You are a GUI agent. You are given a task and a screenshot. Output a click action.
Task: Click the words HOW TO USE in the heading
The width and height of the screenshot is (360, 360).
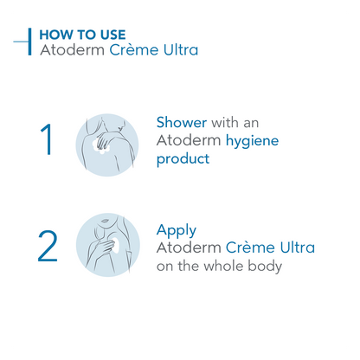(x=82, y=35)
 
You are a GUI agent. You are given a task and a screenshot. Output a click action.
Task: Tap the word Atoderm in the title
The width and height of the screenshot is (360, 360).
(x=72, y=50)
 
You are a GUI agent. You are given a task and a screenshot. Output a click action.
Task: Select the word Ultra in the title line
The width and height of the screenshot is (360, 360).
(x=181, y=50)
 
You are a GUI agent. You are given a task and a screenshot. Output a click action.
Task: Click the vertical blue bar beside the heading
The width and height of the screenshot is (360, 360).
(x=29, y=42)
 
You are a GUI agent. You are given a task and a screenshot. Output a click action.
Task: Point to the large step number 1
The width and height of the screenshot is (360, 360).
(x=46, y=139)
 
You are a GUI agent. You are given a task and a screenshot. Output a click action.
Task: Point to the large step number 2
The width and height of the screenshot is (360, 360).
(x=48, y=246)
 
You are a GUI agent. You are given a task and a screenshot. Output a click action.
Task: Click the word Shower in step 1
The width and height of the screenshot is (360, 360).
(x=182, y=122)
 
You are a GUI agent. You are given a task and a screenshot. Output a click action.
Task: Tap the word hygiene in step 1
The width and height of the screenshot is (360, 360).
(x=252, y=141)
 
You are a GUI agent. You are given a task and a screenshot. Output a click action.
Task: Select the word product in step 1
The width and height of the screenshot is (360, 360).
(x=183, y=159)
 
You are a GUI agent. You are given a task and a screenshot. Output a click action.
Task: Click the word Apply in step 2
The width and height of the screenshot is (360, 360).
(x=177, y=231)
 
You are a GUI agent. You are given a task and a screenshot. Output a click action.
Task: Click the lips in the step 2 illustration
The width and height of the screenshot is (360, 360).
(x=105, y=221)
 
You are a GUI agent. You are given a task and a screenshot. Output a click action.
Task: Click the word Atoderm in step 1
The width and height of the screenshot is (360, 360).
(x=189, y=140)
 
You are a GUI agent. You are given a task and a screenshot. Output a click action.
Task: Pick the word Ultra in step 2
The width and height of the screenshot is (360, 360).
(x=298, y=247)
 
